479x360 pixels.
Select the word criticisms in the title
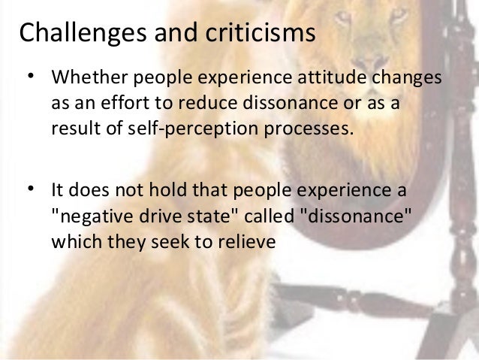click(258, 33)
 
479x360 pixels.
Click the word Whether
click(83, 79)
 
